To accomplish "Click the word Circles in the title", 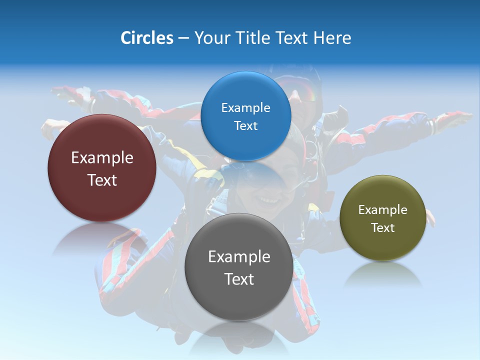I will click(x=146, y=38).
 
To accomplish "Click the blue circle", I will click(x=246, y=116).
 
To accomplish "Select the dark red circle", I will click(x=102, y=168).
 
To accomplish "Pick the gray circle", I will click(x=239, y=267).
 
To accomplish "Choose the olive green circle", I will click(x=383, y=218).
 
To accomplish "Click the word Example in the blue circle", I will click(x=246, y=107).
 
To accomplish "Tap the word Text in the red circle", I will click(x=102, y=180).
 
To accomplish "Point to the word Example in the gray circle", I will click(x=239, y=257).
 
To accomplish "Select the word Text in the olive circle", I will click(x=383, y=228).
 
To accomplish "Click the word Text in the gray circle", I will click(x=239, y=279).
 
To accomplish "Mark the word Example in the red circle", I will click(x=102, y=158).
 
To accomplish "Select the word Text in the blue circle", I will click(x=246, y=125).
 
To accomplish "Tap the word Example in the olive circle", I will click(x=383, y=210).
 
